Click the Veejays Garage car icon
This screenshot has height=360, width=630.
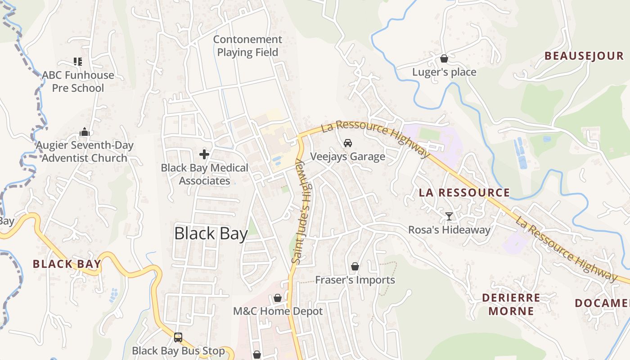347,143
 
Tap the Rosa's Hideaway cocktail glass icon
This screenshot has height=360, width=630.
449,216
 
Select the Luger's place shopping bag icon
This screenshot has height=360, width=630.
444,58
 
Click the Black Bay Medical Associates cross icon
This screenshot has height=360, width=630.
204,155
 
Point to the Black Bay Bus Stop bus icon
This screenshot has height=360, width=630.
178,337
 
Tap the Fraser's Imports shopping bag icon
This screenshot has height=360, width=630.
355,266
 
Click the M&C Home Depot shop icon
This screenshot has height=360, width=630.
278,298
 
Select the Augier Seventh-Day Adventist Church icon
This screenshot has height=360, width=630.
84,132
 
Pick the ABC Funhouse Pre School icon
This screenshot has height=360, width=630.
78,62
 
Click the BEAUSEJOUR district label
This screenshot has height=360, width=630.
584,56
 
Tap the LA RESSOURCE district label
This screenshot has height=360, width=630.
464,193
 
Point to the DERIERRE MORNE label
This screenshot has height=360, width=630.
511,304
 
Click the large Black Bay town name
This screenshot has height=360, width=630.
211,234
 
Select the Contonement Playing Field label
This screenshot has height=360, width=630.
247,46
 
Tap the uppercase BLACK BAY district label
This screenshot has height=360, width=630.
67,264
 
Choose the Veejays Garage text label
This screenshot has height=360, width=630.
347,157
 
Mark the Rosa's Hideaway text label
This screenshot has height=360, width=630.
449,230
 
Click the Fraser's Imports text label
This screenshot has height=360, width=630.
355,280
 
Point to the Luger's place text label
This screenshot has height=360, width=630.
444,72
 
